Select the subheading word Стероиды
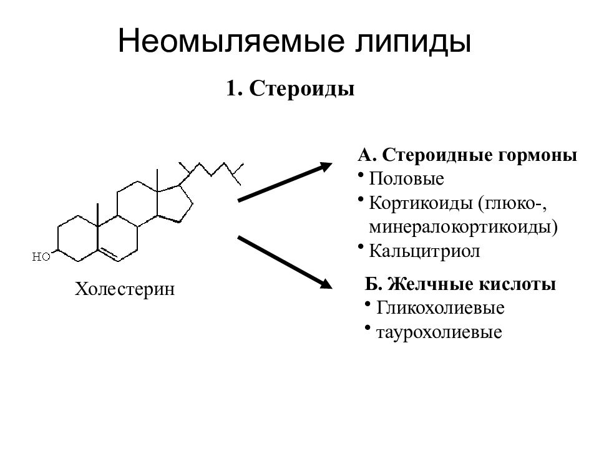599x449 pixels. point(302,89)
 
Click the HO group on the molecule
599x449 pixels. point(41,256)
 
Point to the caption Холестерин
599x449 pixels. point(125,289)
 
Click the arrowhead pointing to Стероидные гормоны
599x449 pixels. point(326,167)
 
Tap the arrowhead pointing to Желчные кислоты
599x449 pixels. point(326,283)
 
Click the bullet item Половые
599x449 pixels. point(406,179)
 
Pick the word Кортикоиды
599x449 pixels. point(421,204)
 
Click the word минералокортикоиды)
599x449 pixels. point(463,228)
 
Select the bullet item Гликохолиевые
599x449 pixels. point(440,307)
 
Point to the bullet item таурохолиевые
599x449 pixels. point(439,333)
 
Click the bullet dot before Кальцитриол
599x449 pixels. point(361,247)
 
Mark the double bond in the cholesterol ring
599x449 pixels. point(109,253)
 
